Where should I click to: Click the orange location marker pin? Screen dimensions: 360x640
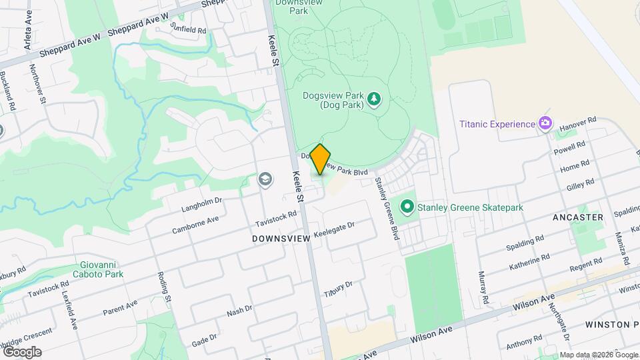pyautogui.click(x=321, y=159)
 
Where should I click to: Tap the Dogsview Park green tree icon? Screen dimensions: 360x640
pyautogui.click(x=375, y=99)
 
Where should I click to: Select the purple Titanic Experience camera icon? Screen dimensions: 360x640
pyautogui.click(x=545, y=123)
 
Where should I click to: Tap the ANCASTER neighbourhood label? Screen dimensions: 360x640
pyautogui.click(x=578, y=217)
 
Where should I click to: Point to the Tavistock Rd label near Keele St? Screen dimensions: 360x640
pyautogui.click(x=275, y=219)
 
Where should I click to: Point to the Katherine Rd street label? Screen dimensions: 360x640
pyautogui.click(x=529, y=262)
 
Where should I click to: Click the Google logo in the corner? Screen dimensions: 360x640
pyautogui.click(x=21, y=351)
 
